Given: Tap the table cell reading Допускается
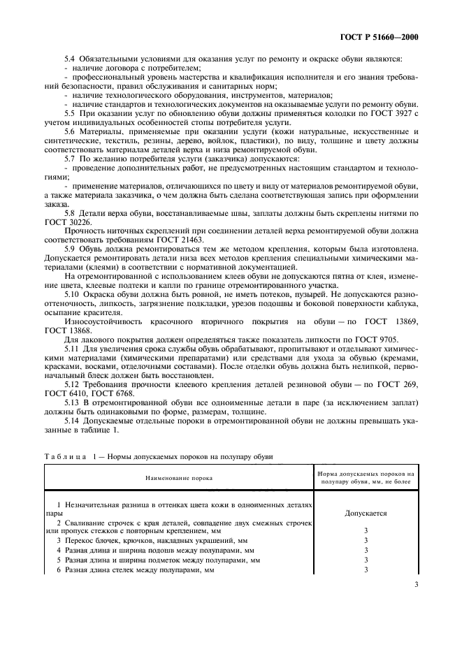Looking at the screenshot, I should [x=366, y=512].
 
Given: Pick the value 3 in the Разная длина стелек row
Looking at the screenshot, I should [x=366, y=569].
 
